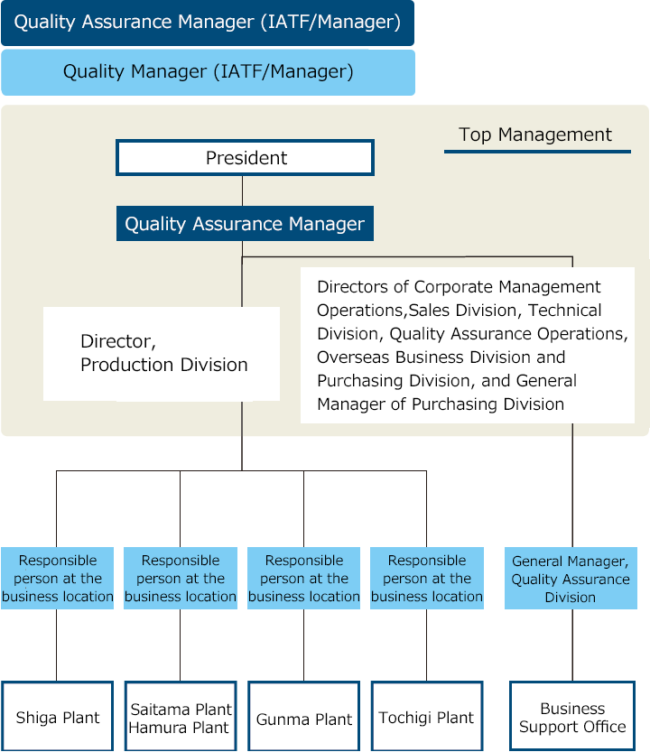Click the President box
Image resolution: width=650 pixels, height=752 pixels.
point(245,158)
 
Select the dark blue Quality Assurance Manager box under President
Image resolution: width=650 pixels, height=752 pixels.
point(245,224)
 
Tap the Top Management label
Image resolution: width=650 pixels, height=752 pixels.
point(534,135)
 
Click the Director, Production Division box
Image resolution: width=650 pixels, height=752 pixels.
point(162,354)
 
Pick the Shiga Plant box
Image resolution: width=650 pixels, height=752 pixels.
point(57,716)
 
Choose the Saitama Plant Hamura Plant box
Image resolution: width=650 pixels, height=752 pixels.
point(181,716)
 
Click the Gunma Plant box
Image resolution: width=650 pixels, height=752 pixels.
point(303,716)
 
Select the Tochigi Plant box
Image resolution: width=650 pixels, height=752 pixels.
point(427,716)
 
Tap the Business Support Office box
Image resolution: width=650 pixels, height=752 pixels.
point(572,716)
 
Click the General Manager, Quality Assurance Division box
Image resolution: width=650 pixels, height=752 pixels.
point(571,579)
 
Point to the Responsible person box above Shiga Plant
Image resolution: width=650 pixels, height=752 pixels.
point(57,579)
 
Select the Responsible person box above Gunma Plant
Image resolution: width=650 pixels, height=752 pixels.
point(303,579)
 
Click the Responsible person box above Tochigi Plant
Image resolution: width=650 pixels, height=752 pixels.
point(427,579)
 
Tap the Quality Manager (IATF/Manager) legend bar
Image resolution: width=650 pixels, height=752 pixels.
point(209,72)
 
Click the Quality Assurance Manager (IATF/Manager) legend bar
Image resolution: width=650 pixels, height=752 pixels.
point(208,23)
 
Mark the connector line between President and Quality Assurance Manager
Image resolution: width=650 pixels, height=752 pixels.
point(242,190)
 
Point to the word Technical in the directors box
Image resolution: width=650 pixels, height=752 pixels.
point(564,311)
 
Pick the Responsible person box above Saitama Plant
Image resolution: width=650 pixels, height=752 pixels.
point(181,579)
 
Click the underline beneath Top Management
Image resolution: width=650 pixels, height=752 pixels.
point(537,152)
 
